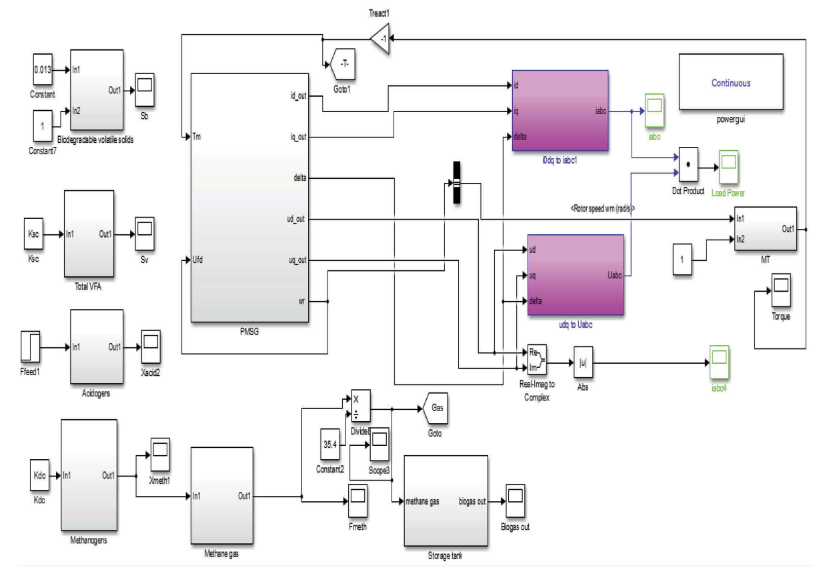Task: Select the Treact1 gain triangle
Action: tap(380, 39)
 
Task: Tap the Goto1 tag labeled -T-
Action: tap(341, 65)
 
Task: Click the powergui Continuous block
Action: tap(730, 83)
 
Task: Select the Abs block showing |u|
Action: tap(583, 363)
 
